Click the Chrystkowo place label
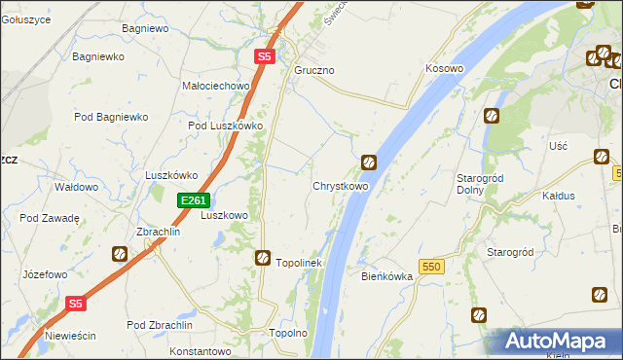(x=340, y=186)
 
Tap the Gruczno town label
(x=314, y=71)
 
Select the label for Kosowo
(x=444, y=69)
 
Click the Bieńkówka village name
(x=387, y=276)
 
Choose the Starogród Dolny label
(x=478, y=184)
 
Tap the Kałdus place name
(x=559, y=196)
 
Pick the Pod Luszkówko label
(x=226, y=126)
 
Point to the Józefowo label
(x=46, y=274)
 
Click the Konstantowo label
(x=200, y=351)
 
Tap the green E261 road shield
(x=193, y=200)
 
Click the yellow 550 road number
(x=432, y=266)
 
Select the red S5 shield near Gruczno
(x=265, y=57)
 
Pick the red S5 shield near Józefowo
(x=77, y=304)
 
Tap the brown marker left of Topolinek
(x=263, y=258)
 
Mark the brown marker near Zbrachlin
(x=120, y=254)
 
